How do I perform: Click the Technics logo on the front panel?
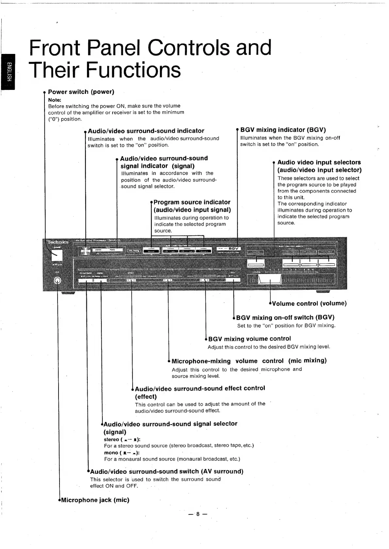tap(58, 242)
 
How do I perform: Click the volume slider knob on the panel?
tap(270, 280)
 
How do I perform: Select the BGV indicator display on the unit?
tap(229, 249)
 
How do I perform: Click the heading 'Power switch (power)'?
tap(81, 92)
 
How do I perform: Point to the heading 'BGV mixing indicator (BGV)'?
tap(283, 130)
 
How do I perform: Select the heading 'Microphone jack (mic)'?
tap(95, 500)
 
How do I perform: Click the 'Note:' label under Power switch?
tap(55, 100)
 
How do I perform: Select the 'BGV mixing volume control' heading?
tap(249, 339)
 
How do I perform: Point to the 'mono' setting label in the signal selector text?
tap(111, 453)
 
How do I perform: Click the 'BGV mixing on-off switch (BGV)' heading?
tap(285, 317)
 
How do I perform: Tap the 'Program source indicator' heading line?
tap(192, 202)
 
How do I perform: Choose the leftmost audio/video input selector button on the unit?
tap(256, 263)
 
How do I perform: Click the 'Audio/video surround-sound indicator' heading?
tap(146, 131)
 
